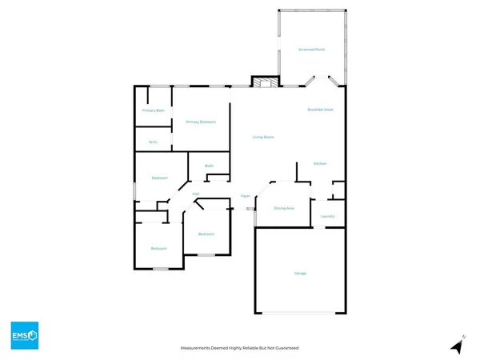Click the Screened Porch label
point(312,50)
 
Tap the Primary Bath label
point(154,110)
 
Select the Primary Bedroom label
point(201,122)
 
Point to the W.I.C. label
point(153,142)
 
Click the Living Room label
point(264,138)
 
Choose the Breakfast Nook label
point(320,109)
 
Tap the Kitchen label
point(320,163)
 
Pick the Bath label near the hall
point(210,166)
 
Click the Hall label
point(195,193)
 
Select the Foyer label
point(246,196)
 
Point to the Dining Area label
point(285,208)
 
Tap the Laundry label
point(327,216)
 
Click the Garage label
point(300,274)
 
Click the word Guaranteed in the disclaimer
point(294,348)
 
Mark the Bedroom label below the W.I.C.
point(159,178)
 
